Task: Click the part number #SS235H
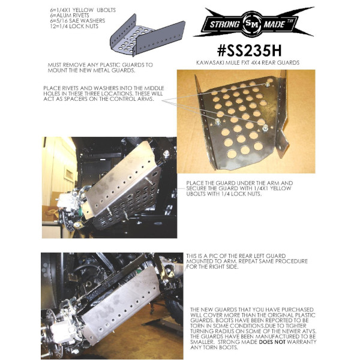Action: click(249, 51)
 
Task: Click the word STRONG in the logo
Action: click(224, 24)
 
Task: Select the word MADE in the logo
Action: click(275, 23)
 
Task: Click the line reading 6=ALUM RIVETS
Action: click(70, 16)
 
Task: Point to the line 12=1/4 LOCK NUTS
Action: click(74, 26)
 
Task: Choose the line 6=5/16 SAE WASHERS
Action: click(77, 20)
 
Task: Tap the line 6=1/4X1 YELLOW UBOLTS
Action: click(83, 10)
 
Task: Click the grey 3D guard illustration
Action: click(148, 35)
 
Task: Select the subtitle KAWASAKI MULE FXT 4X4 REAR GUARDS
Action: click(248, 62)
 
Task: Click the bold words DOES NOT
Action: click(272, 342)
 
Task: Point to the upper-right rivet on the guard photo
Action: click(267, 85)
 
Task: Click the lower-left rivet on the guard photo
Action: click(217, 122)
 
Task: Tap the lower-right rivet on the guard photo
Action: click(265, 128)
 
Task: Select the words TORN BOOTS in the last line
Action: click(223, 347)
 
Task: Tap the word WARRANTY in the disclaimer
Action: click(302, 342)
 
